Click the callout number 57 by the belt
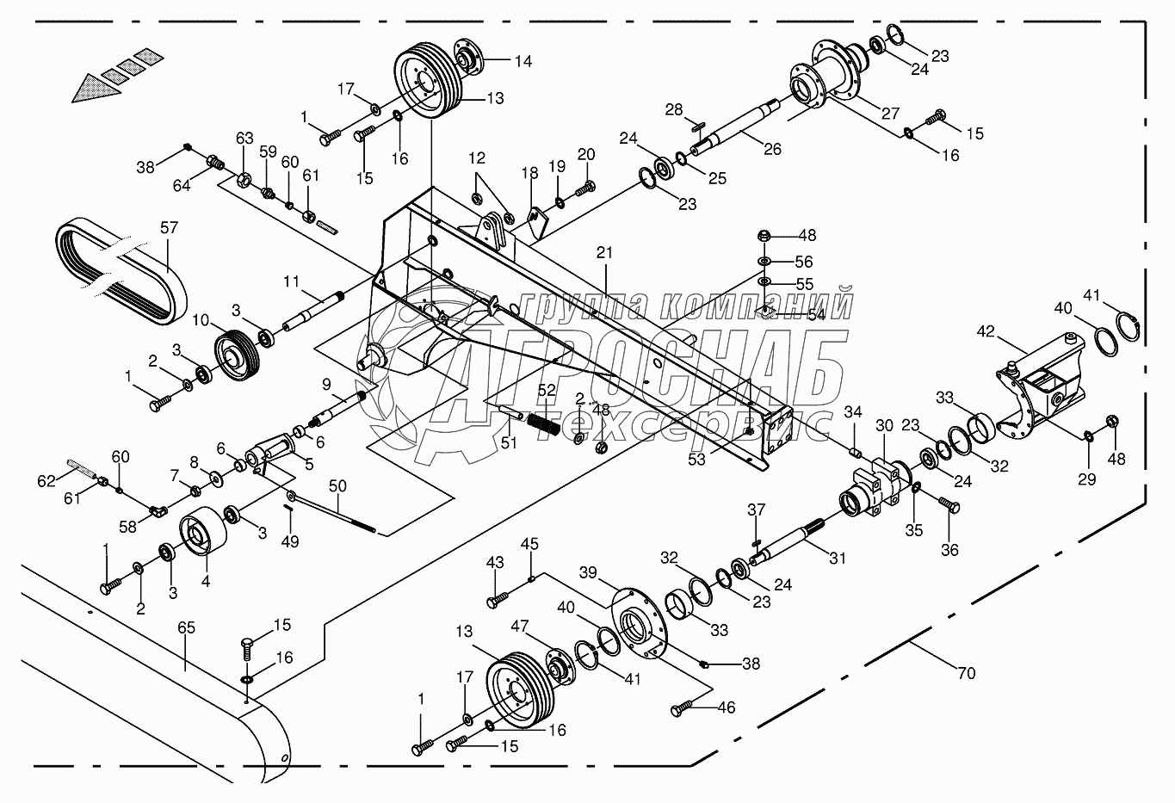169,228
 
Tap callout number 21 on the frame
605,252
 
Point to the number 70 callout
967,673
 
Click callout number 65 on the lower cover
186,627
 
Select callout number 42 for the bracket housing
986,331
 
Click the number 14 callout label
523,61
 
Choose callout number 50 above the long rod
338,487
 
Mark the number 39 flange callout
587,573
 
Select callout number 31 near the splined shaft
837,559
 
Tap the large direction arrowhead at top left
92,86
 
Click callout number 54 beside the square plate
814,316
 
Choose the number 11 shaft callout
292,281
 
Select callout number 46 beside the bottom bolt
726,708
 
